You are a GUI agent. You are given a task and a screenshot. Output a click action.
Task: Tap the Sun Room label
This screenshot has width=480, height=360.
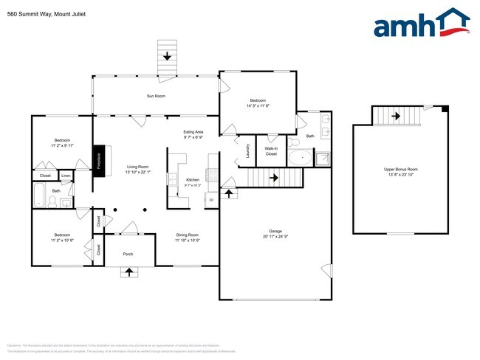(155, 96)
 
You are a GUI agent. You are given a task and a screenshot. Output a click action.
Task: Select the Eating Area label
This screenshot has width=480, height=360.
(193, 132)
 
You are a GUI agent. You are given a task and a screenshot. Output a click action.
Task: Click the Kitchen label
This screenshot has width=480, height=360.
(193, 180)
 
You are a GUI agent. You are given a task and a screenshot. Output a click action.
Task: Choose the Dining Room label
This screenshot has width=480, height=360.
(188, 235)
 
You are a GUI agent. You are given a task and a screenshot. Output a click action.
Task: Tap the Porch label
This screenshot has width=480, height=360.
(129, 253)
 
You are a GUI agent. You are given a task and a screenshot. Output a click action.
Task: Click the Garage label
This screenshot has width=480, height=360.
(275, 231)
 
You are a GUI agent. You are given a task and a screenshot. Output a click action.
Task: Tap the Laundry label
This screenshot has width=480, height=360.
(247, 150)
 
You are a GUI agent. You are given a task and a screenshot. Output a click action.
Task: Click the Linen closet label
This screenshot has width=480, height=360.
(66, 176)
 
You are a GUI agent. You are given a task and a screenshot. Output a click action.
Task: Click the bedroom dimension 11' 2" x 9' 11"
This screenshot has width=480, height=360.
(62, 146)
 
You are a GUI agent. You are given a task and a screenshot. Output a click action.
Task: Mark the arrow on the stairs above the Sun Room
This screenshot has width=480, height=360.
(168, 57)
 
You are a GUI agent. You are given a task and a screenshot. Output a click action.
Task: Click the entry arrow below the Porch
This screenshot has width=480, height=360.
(130, 271)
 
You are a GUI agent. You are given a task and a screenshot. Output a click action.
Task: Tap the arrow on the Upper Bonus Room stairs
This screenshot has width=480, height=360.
(395, 116)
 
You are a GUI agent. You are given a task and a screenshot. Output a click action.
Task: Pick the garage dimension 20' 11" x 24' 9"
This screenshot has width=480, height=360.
(275, 237)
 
